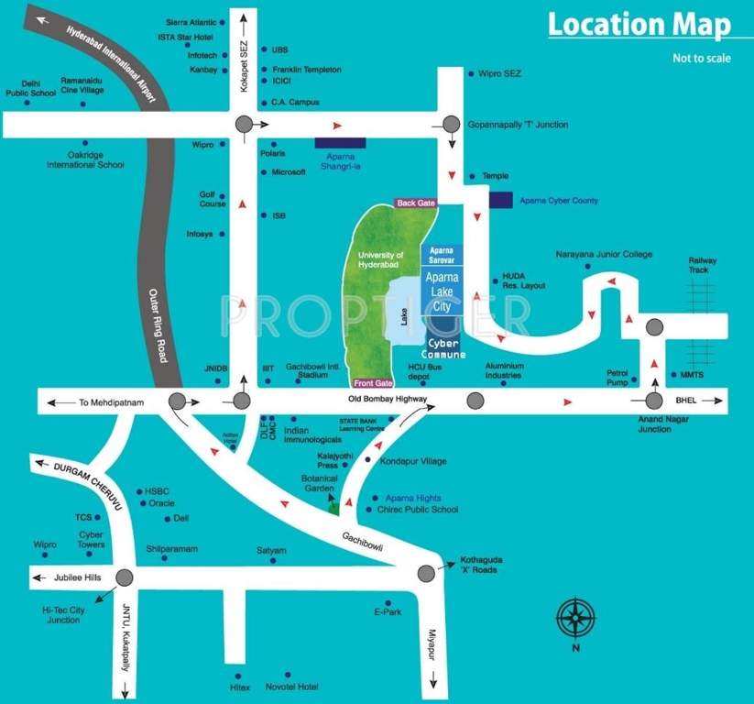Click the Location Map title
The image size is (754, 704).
639,25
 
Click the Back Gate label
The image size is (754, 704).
415,203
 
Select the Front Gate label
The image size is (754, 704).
373,383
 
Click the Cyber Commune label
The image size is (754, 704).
444,348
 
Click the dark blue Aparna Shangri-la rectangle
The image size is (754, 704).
340,143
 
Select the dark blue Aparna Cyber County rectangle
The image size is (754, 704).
500,200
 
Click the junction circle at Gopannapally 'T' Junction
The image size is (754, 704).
452,125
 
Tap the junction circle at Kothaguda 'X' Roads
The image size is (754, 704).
426,574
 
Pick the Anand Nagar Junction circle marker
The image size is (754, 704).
654,401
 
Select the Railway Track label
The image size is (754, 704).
704,265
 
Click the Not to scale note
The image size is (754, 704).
700,60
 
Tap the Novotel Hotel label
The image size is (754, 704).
290,687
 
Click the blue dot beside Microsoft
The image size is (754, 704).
264,172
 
